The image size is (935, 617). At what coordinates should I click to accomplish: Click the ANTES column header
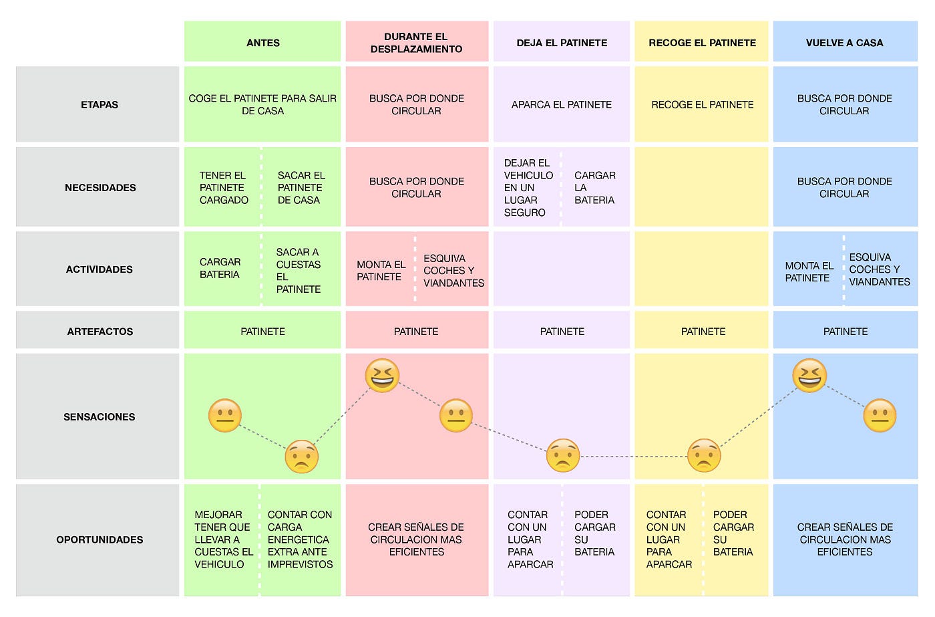pyautogui.click(x=262, y=43)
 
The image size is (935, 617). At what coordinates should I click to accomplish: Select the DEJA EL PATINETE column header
pyautogui.click(x=562, y=43)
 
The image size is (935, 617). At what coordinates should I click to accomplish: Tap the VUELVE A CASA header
pyautogui.click(x=845, y=43)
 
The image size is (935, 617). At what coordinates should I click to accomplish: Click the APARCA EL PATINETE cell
pyautogui.click(x=562, y=104)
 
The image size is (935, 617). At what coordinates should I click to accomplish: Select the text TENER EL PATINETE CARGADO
pyautogui.click(x=224, y=188)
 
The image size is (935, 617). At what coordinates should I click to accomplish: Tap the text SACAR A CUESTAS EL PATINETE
pyautogui.click(x=299, y=271)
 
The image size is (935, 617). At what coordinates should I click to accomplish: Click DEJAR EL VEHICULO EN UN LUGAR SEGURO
pyautogui.click(x=528, y=188)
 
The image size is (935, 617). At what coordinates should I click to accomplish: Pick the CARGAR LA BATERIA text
pyautogui.click(x=595, y=188)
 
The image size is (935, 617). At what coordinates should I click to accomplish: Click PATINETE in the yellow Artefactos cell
pyautogui.click(x=703, y=332)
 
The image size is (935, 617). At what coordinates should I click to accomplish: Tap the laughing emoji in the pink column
pyautogui.click(x=382, y=375)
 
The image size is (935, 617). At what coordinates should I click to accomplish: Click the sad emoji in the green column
pyautogui.click(x=301, y=456)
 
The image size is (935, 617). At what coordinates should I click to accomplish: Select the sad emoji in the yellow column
pyautogui.click(x=704, y=455)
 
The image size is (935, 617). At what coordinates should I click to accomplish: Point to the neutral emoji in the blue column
pyautogui.click(x=880, y=415)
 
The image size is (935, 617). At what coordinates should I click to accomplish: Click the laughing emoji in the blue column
pyautogui.click(x=809, y=375)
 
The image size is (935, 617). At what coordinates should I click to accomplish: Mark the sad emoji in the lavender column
pyautogui.click(x=562, y=455)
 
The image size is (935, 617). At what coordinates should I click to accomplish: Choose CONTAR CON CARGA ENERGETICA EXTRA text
pyautogui.click(x=300, y=539)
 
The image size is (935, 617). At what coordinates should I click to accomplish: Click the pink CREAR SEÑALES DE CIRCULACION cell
pyautogui.click(x=417, y=539)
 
